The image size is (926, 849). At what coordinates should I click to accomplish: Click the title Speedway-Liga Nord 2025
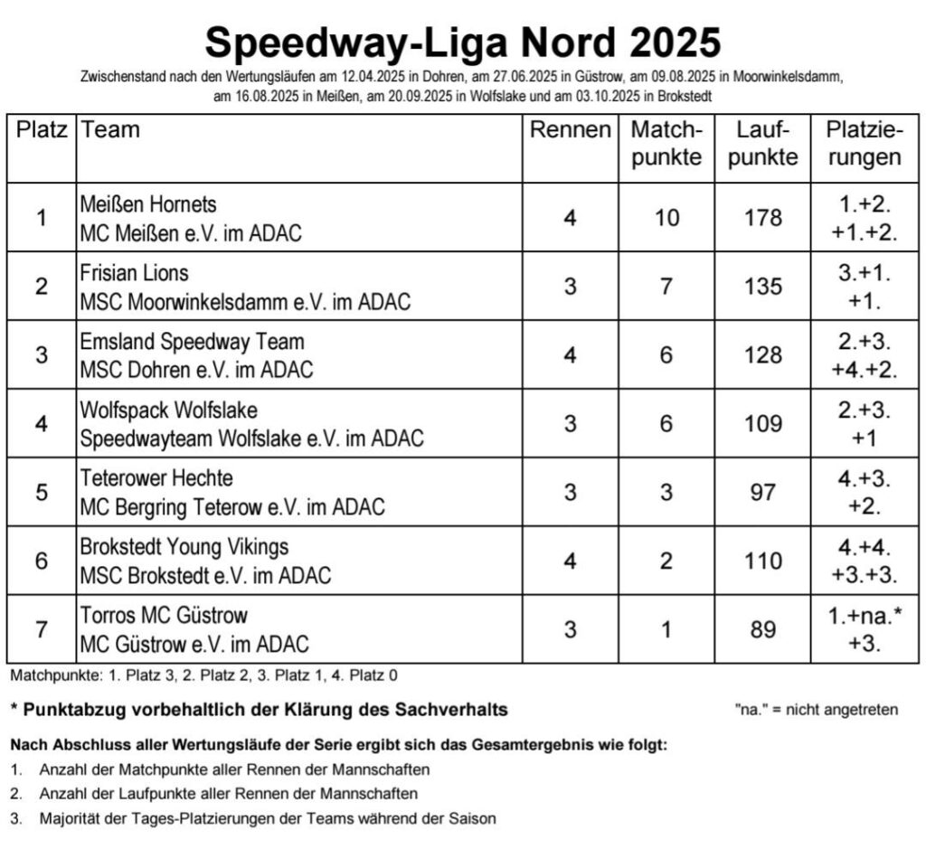tap(462, 41)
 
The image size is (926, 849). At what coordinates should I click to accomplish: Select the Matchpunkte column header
tap(666, 143)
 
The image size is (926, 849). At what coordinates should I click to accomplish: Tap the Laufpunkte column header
tap(763, 143)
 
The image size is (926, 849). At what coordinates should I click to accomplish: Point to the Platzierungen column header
tap(865, 143)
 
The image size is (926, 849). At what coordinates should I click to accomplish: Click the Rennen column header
tap(570, 130)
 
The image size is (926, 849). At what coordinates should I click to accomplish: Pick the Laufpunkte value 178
tap(763, 218)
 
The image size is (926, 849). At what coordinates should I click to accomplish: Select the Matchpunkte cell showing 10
tap(666, 218)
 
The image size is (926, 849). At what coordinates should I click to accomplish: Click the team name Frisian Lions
tap(134, 273)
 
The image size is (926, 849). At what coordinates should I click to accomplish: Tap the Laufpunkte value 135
tap(763, 287)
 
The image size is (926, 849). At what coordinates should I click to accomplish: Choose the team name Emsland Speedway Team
tap(192, 342)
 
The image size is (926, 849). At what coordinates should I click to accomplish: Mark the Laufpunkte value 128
tap(763, 355)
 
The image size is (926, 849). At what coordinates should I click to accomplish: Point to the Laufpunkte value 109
tap(763, 424)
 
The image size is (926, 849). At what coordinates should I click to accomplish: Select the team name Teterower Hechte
tap(156, 478)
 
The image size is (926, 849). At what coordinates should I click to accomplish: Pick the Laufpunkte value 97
tap(763, 493)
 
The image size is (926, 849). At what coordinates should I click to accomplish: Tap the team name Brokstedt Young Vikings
tap(184, 547)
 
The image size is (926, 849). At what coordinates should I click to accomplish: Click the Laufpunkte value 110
tap(763, 561)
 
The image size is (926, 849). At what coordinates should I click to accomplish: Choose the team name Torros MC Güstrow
tap(163, 616)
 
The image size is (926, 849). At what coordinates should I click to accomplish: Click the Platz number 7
tap(42, 629)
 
